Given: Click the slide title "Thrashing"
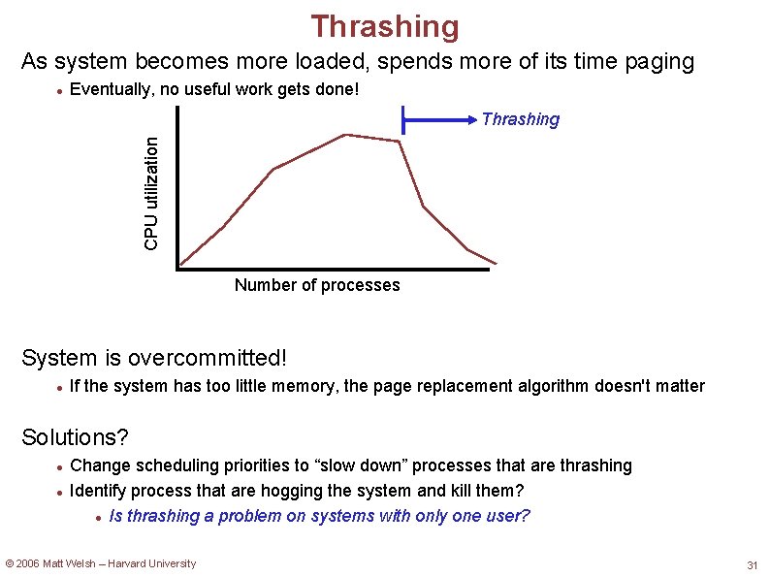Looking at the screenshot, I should point(385,26).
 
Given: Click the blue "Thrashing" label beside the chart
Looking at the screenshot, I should point(521,119).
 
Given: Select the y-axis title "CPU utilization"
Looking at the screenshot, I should point(151,191).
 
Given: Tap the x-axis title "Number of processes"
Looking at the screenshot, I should point(317,285).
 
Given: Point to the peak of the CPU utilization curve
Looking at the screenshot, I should point(346,135).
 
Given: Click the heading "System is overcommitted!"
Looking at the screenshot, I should point(154,358).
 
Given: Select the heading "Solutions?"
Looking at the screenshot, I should point(75,437).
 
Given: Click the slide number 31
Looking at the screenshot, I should point(752,565).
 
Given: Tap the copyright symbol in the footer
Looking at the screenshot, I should point(10,563).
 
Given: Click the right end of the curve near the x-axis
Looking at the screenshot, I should point(495,262).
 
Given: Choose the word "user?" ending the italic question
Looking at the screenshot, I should point(507,516).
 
